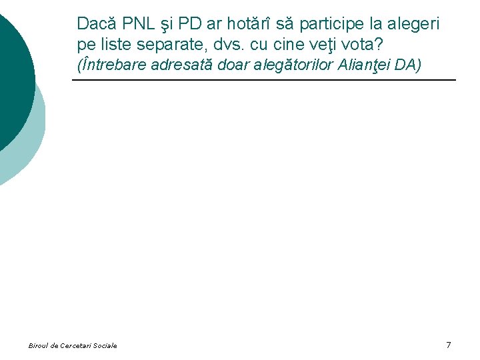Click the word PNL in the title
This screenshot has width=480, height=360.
pos(133,24)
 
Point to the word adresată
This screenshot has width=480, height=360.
pos(186,66)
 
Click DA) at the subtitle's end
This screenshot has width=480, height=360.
pos(409,66)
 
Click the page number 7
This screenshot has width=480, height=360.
pos(448,345)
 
